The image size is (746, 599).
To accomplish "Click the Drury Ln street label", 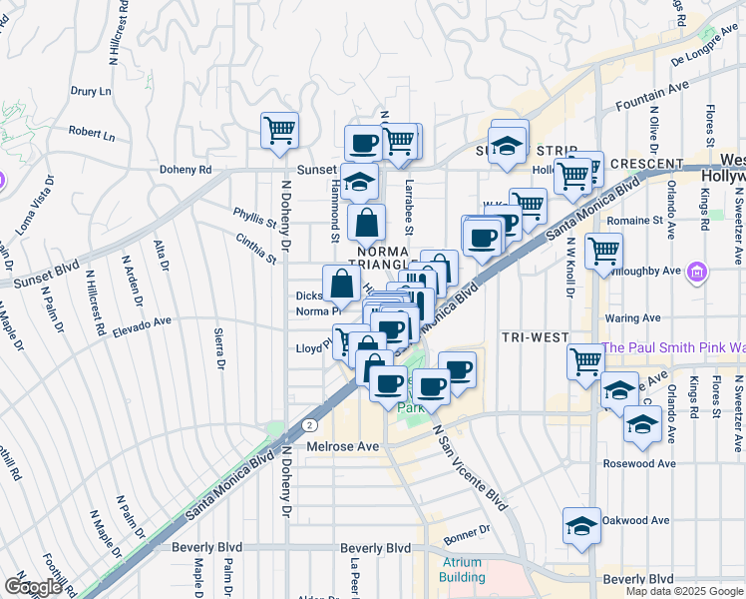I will click(x=90, y=91).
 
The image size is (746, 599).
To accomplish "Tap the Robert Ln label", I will click(x=92, y=132).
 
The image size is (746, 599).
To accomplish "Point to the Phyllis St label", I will click(x=254, y=218).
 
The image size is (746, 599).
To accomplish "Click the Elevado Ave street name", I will click(x=143, y=323).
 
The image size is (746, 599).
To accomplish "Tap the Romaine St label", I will click(x=636, y=220).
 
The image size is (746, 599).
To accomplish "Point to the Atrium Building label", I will click(x=462, y=569).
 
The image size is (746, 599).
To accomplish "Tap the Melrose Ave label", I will click(x=343, y=446).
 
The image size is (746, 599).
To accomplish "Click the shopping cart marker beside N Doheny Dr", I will click(x=280, y=130).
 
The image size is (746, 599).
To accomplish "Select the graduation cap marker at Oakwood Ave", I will click(x=581, y=525).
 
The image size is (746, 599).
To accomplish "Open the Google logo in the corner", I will click(x=33, y=587).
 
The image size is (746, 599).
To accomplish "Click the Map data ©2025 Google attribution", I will click(x=683, y=591).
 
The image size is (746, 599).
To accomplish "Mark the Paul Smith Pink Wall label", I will click(x=673, y=347).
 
